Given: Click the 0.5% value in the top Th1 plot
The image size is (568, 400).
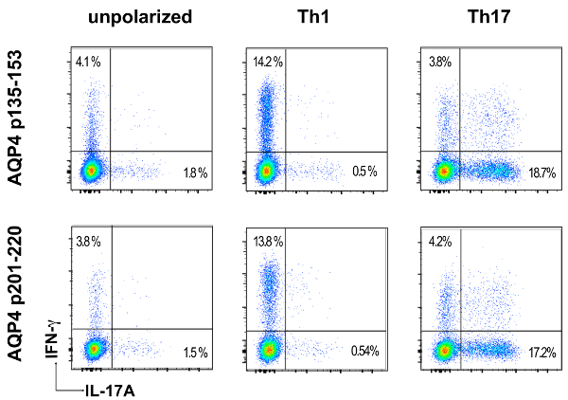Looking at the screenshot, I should point(364,172).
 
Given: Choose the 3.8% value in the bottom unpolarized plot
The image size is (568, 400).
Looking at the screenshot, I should point(90,240).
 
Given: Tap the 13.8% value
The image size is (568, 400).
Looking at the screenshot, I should point(269,240).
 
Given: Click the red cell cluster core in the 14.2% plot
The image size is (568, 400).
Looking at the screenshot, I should point(268,171).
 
